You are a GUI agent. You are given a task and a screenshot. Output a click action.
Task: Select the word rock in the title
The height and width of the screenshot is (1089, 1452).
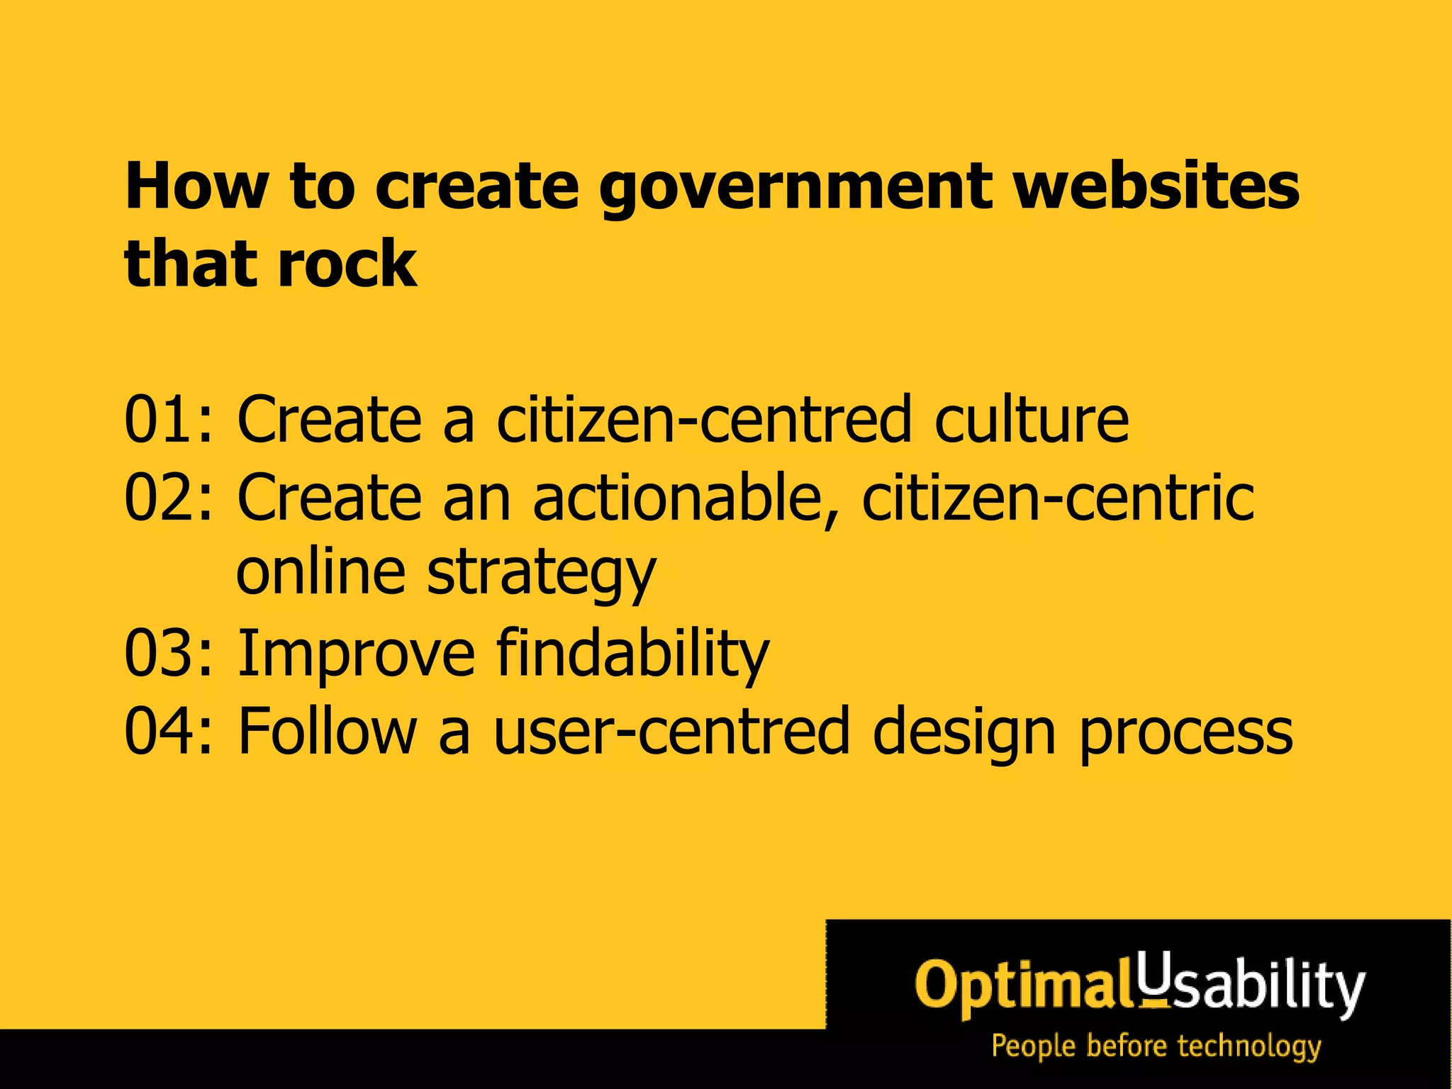click(347, 264)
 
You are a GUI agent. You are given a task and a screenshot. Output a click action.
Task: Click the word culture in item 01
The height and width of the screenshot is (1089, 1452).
click(1032, 420)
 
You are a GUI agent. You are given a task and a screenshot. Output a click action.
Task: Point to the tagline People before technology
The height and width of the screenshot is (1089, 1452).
click(1156, 1046)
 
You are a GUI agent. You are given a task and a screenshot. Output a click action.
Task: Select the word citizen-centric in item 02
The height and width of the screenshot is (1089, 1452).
click(1058, 498)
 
